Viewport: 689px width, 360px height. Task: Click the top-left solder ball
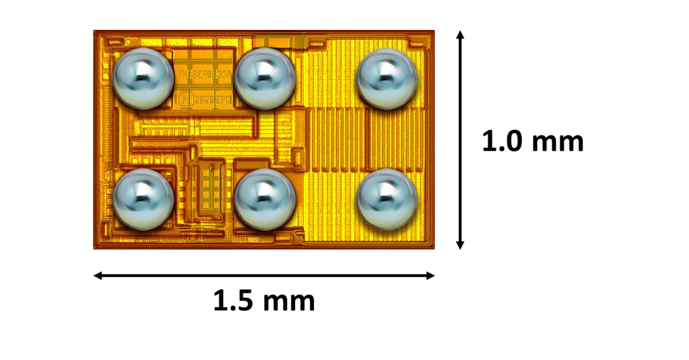click(x=143, y=78)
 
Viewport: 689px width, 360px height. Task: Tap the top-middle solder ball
click(x=265, y=78)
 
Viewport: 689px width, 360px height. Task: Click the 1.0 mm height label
click(x=532, y=141)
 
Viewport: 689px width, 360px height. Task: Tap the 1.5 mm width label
click(x=264, y=300)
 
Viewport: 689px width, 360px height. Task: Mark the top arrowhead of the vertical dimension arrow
click(x=459, y=36)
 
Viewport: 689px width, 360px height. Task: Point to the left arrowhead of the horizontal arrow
click(x=98, y=276)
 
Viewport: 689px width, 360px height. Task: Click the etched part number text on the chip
click(x=204, y=74)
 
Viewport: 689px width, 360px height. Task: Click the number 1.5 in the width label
click(x=232, y=300)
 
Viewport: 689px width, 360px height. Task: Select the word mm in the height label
click(x=559, y=141)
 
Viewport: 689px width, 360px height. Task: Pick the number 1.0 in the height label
click(x=500, y=141)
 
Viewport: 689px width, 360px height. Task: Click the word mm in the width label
click(x=290, y=300)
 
